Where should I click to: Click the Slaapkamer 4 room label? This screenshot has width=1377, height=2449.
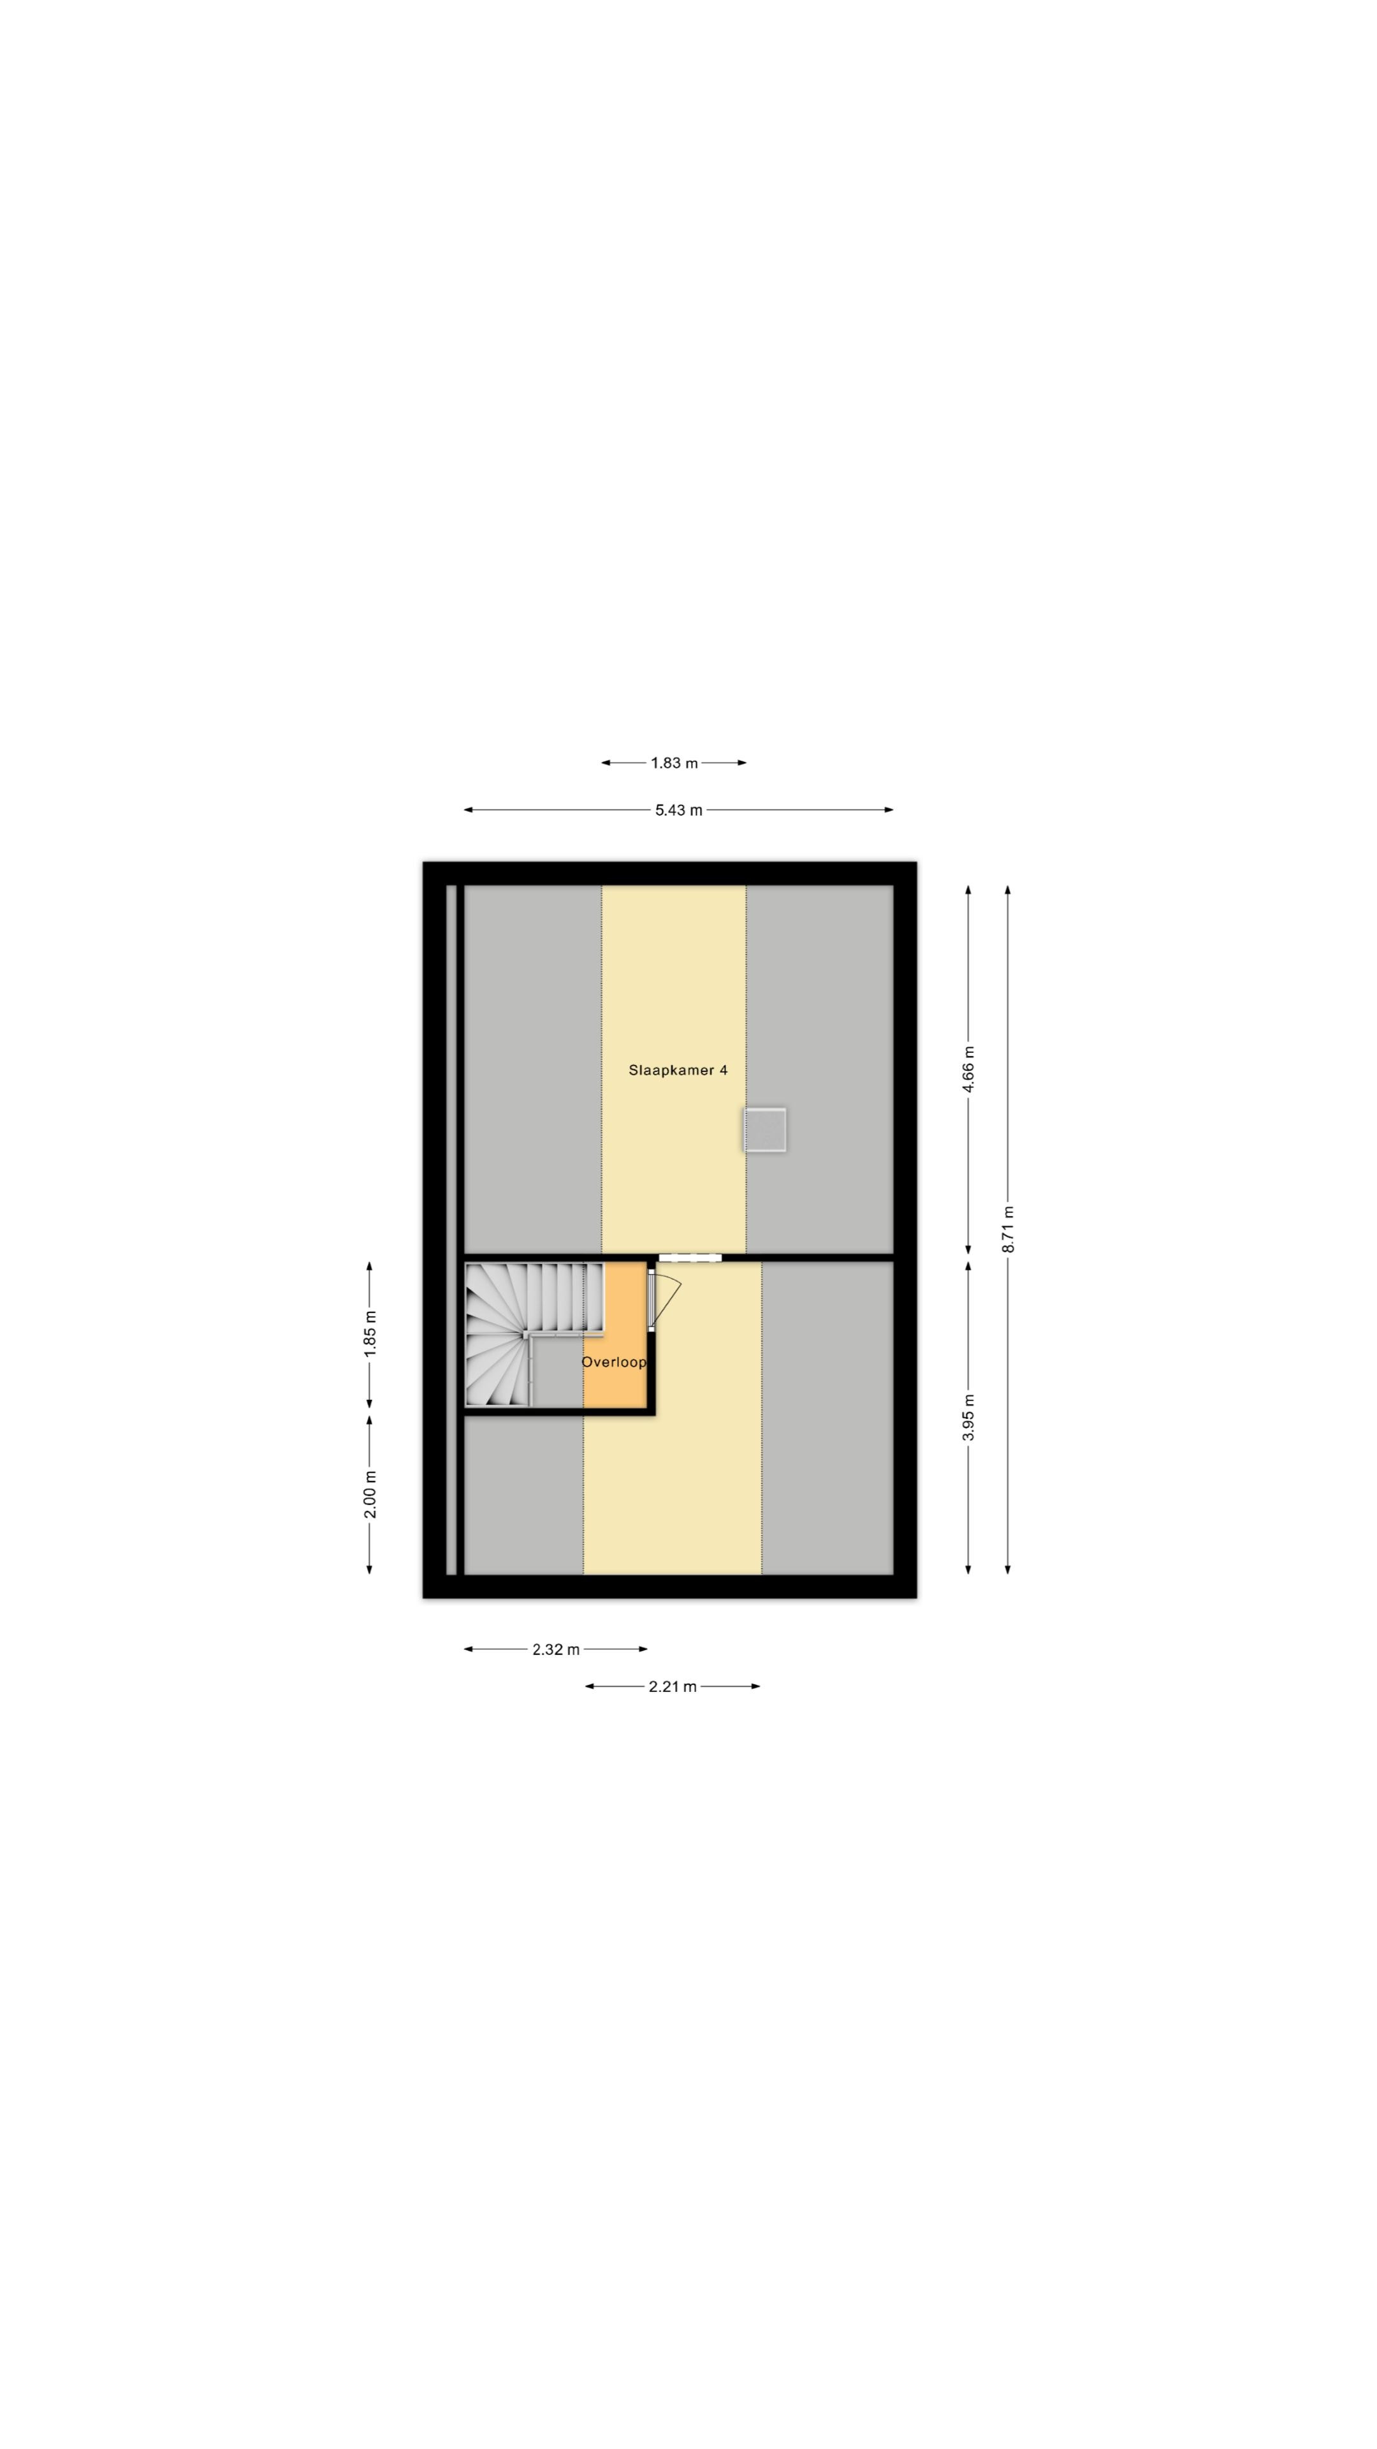click(x=678, y=1071)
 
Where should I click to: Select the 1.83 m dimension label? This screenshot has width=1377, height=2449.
click(x=674, y=763)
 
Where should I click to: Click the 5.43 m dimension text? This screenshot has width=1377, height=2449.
click(x=678, y=810)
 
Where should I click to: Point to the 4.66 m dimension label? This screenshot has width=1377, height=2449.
click(x=969, y=1070)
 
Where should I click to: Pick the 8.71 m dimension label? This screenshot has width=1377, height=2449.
click(x=1009, y=1229)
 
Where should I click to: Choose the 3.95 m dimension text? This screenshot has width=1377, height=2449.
click(x=969, y=1418)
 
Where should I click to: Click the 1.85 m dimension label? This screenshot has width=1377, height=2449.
click(x=370, y=1333)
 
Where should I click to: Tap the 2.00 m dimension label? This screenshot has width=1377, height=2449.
click(x=370, y=1494)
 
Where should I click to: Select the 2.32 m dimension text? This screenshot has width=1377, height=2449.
click(x=556, y=1649)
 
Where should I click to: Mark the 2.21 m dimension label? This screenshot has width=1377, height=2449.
click(x=673, y=1686)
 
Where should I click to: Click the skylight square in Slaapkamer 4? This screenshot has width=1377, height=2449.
click(x=765, y=1130)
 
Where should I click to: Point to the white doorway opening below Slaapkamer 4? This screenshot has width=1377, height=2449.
click(x=690, y=1258)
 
